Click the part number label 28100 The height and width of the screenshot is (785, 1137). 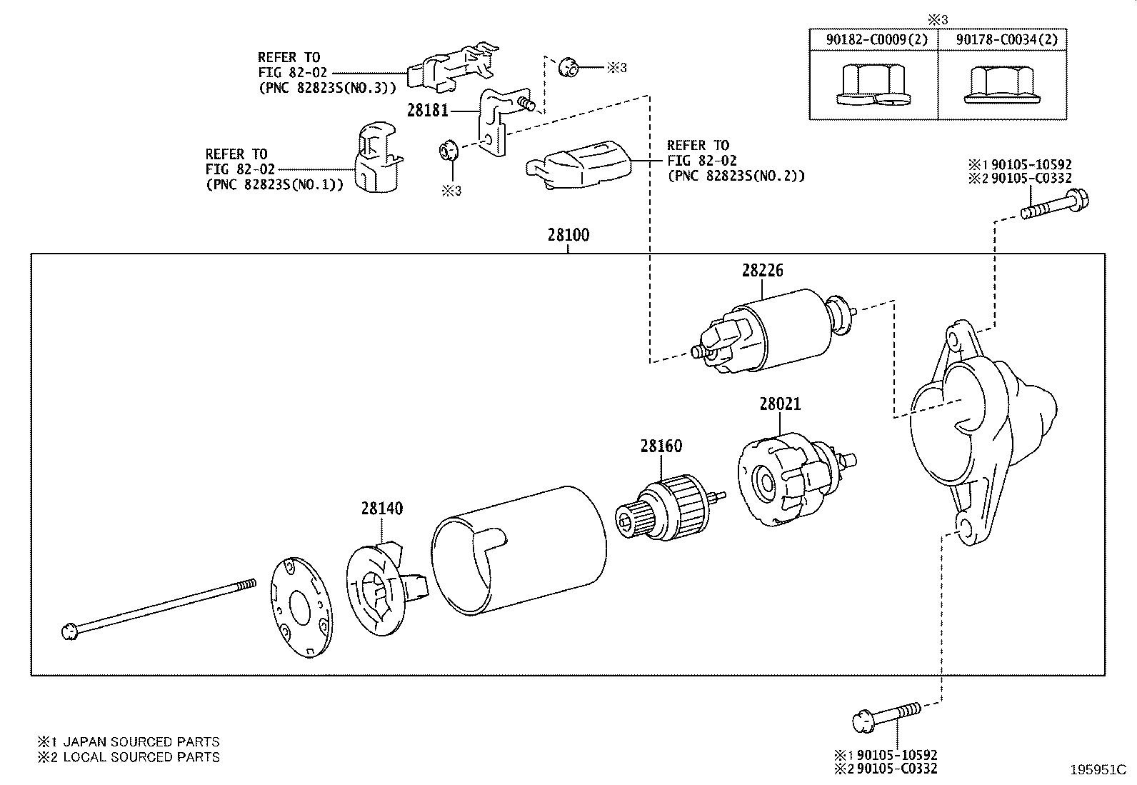(x=568, y=235)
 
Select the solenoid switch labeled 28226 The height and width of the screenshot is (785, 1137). (x=771, y=331)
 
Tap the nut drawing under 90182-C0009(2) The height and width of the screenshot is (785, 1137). (x=872, y=86)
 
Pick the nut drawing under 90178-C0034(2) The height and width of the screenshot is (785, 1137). (x=1000, y=86)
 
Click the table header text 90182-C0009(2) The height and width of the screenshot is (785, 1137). (x=876, y=39)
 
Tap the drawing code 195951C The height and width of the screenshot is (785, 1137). (x=1097, y=770)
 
